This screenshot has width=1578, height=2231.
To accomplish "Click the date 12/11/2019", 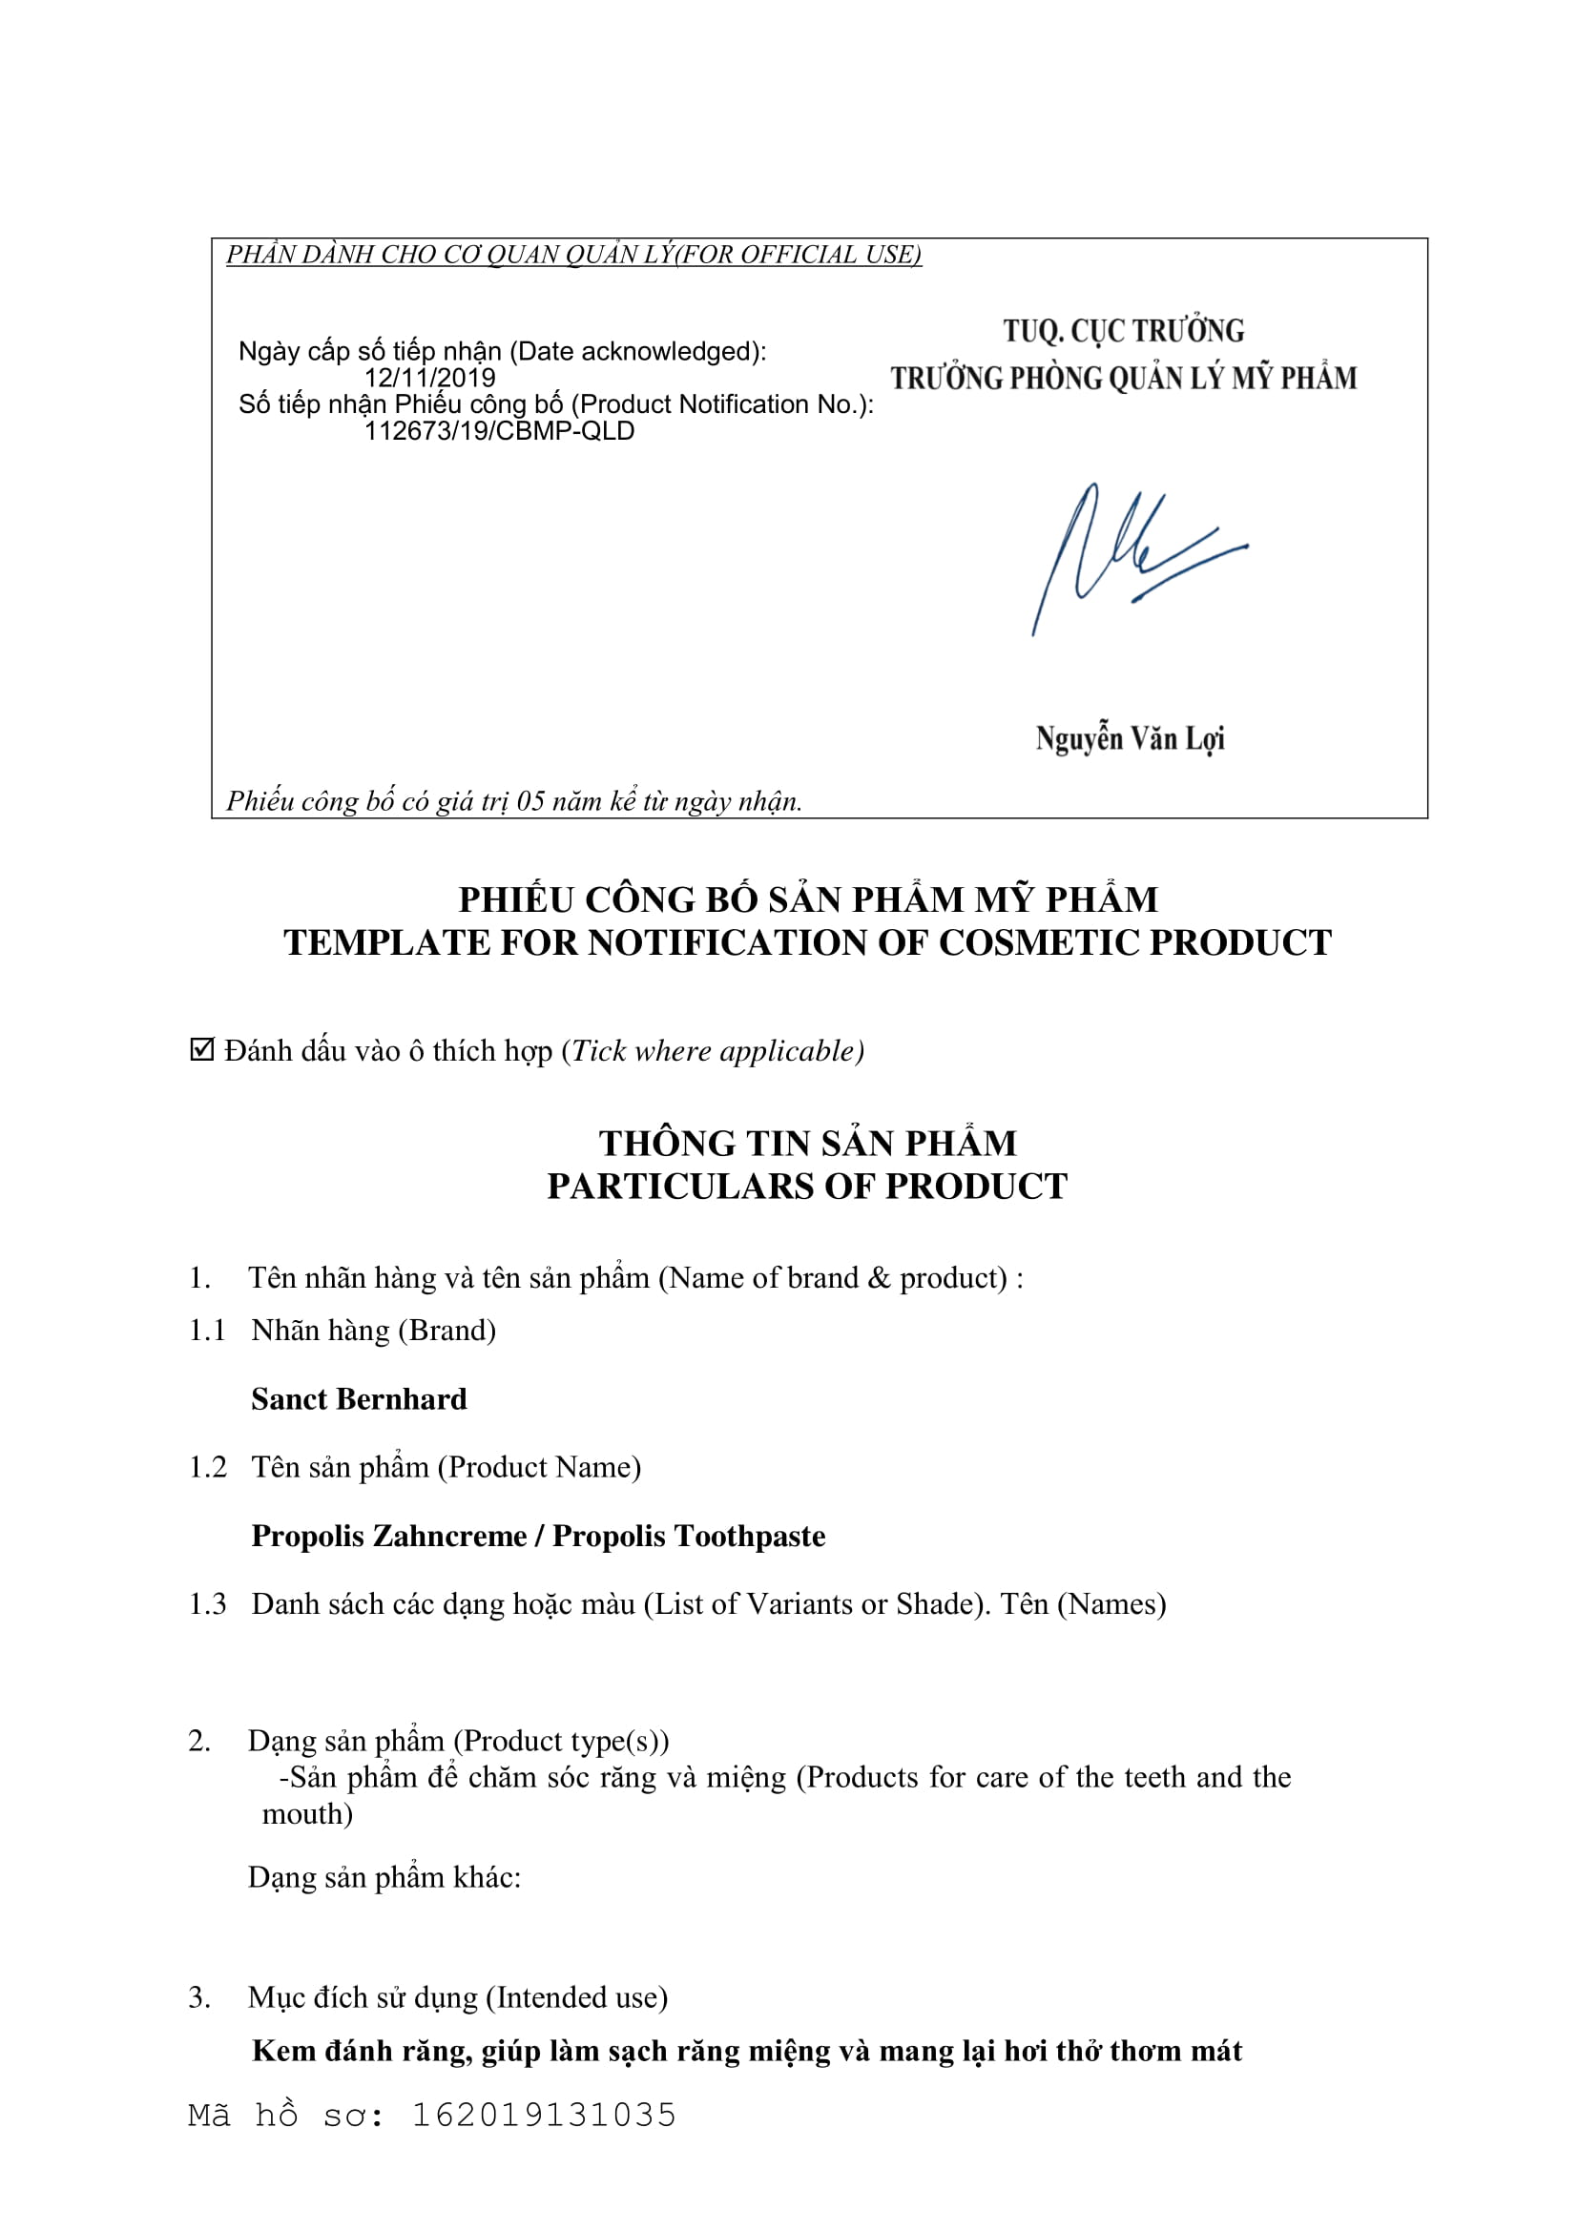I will coord(429,378).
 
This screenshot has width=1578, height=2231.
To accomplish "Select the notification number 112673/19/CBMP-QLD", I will coord(498,431).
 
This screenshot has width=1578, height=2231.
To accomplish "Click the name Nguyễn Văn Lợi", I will coord(1129,738).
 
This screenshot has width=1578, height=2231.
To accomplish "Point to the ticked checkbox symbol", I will coord(201,1049).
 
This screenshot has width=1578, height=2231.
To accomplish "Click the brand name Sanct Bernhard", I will coord(359,1398).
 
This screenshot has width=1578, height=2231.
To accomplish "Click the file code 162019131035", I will coord(544,2116).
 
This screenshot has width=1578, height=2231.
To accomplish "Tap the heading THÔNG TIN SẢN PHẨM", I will coord(807,1143).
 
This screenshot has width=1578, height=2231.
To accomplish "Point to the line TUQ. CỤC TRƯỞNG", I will coord(1123,331).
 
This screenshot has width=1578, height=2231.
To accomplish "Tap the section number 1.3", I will coord(207,1603).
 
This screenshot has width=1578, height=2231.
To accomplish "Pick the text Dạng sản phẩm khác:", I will coord(384,1876).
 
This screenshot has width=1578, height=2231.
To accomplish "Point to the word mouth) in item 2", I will coord(307,1814).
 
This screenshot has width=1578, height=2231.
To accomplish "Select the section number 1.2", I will coord(207,1466).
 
